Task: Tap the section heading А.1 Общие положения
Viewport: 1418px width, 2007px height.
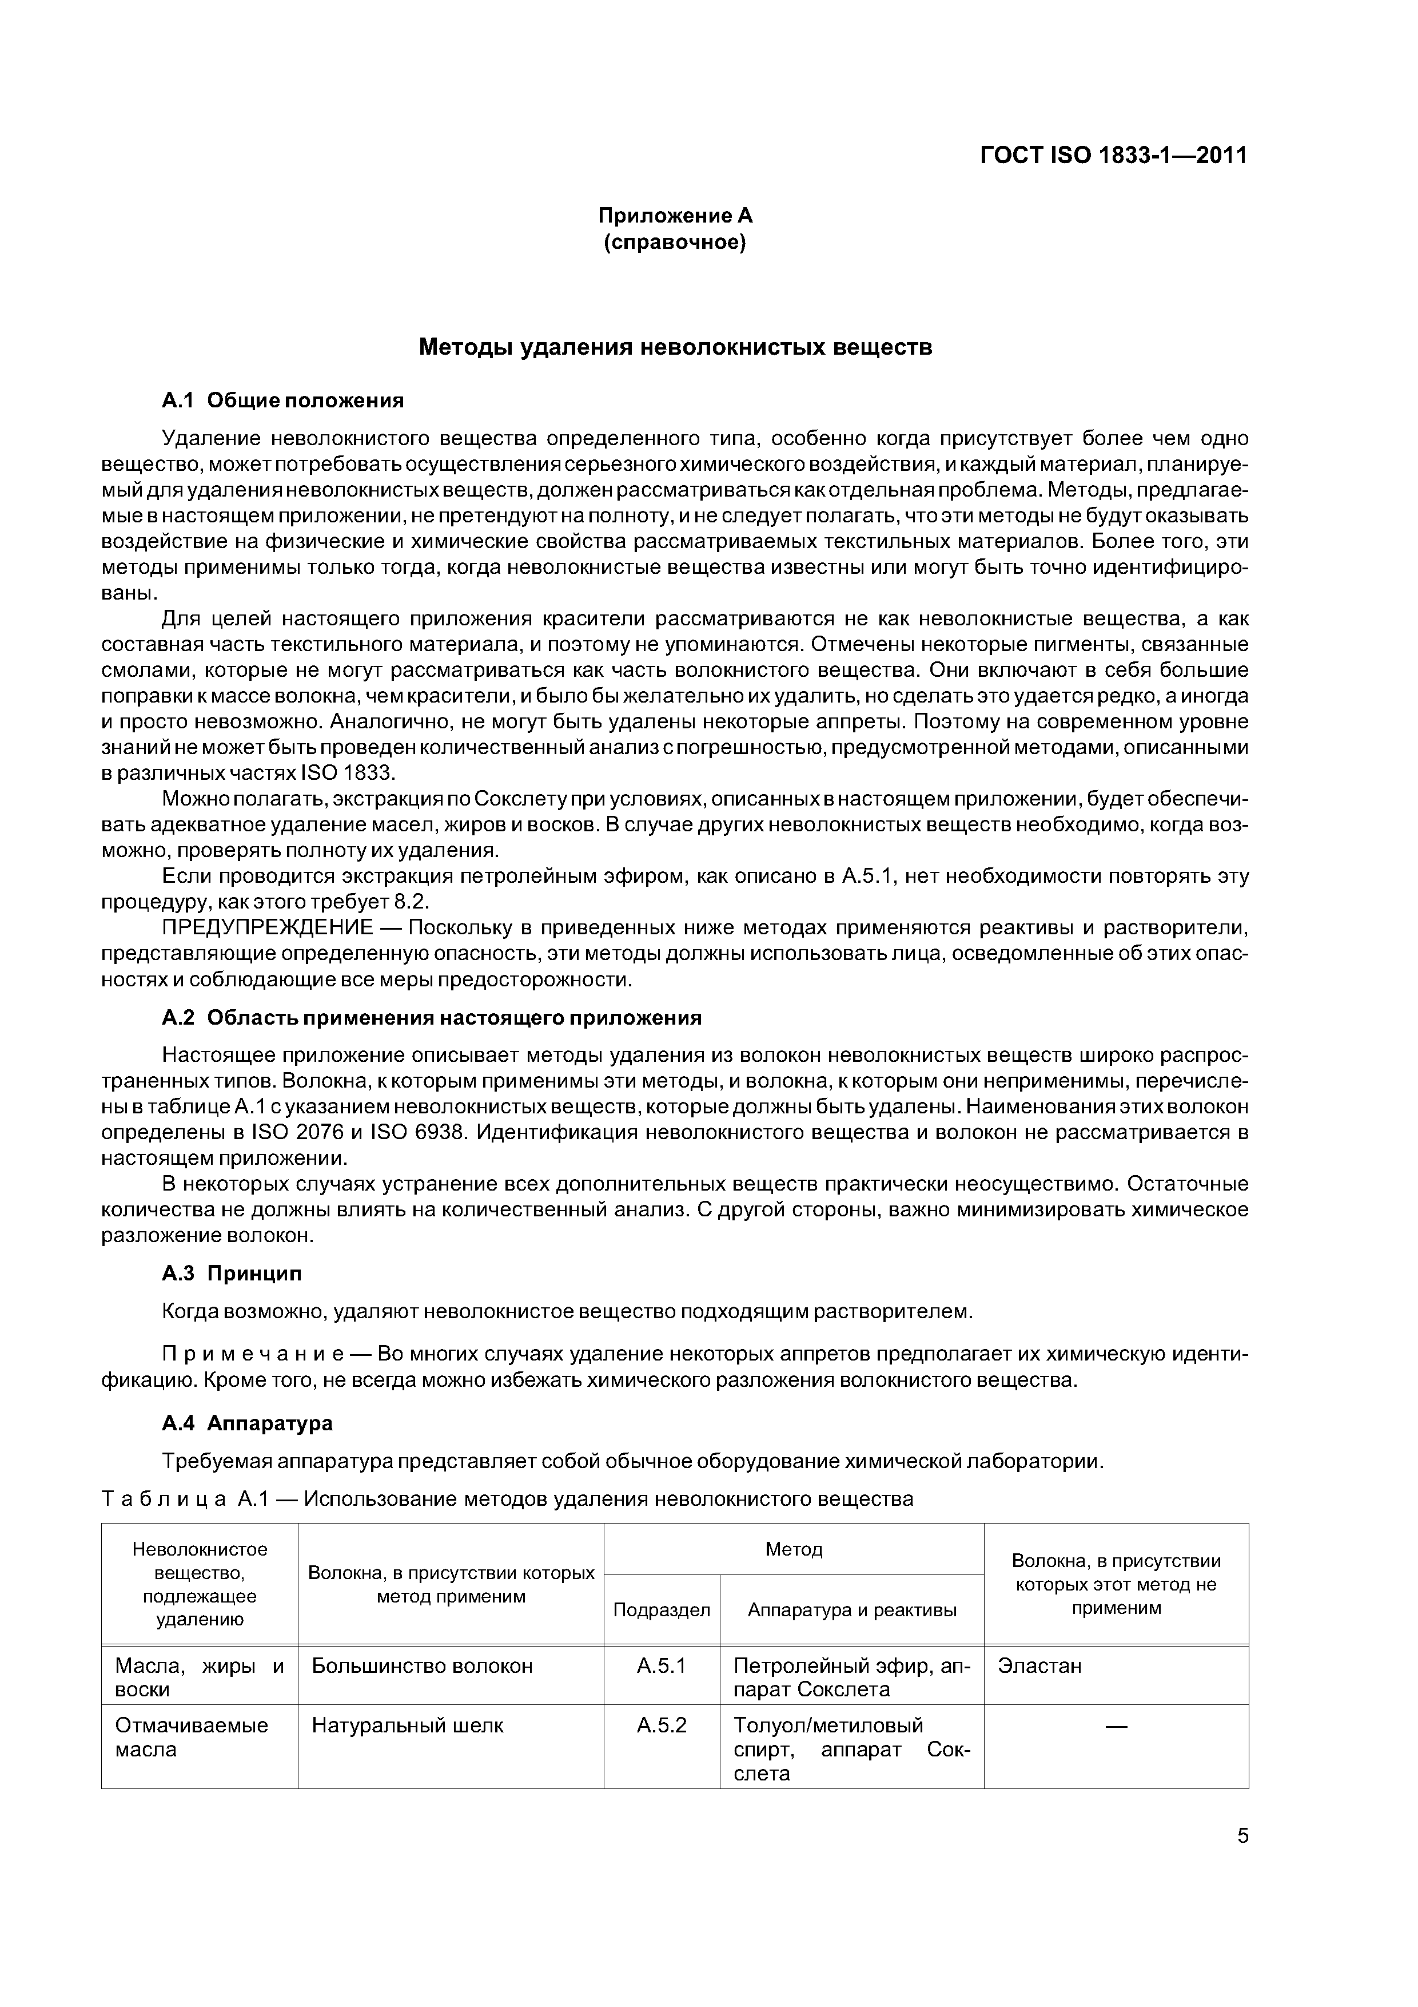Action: tap(283, 400)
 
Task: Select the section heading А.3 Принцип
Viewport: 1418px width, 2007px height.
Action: tap(232, 1274)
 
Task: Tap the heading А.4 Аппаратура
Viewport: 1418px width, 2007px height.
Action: tap(247, 1423)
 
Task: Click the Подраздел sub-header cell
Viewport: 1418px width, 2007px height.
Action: tap(662, 1609)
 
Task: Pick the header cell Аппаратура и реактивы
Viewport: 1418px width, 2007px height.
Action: tap(852, 1609)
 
